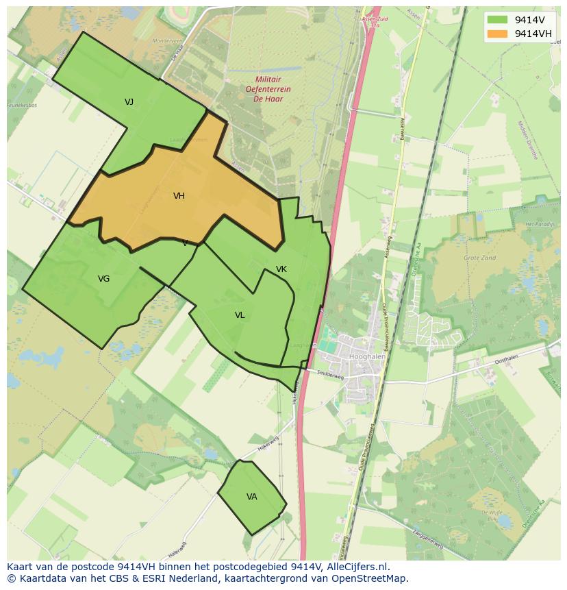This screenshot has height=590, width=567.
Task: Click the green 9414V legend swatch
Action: pyautogui.click(x=497, y=20)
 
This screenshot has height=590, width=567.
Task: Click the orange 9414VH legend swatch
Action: pyautogui.click(x=497, y=34)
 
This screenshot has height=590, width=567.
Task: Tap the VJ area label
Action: pyautogui.click(x=129, y=102)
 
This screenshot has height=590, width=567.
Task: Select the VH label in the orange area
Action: pyautogui.click(x=179, y=196)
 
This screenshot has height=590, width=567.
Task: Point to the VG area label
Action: pyautogui.click(x=103, y=279)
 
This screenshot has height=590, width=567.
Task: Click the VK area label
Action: pyautogui.click(x=281, y=269)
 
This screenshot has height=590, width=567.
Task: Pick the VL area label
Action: pyautogui.click(x=240, y=315)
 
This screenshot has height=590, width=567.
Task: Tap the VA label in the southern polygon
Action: pyautogui.click(x=251, y=497)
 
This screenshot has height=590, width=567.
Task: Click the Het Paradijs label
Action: pyautogui.click(x=538, y=225)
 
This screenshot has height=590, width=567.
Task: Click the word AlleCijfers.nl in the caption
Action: pyautogui.click(x=358, y=567)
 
